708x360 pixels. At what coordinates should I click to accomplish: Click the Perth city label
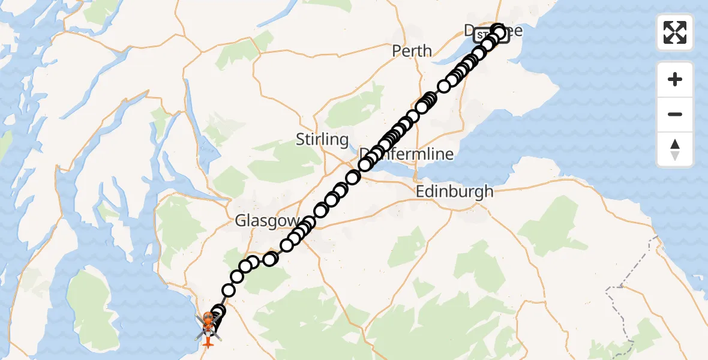[x=412, y=51]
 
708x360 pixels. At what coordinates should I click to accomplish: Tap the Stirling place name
[x=322, y=140]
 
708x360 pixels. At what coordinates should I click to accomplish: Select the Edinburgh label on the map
[x=455, y=192]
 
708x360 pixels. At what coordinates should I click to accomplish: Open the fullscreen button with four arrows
[x=675, y=32]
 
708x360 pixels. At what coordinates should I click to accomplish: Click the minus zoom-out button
[x=675, y=114]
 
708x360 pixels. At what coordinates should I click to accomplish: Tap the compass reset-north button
[x=675, y=149]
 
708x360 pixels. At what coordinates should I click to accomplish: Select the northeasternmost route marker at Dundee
[x=498, y=30]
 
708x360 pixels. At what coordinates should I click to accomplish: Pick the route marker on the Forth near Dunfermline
[x=353, y=177]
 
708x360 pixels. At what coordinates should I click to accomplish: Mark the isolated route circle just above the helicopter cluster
[x=229, y=290]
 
